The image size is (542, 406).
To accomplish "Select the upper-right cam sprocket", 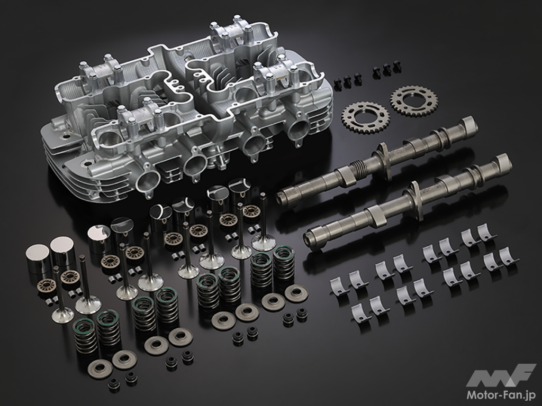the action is click(414, 101).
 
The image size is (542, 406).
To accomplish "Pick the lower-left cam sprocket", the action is click(365, 118).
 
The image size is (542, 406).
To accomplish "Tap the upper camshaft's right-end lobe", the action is click(469, 126).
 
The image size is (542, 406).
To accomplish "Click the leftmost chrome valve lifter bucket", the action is click(38, 259).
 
